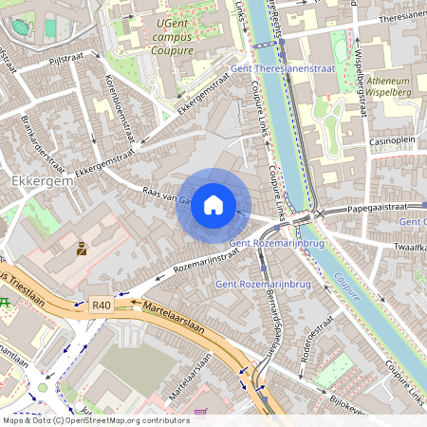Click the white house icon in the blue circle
click(x=213, y=204)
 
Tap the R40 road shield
click(x=102, y=305)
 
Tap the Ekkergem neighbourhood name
click(x=36, y=178)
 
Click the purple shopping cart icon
click(x=200, y=415)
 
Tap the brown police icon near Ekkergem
click(x=82, y=250)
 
